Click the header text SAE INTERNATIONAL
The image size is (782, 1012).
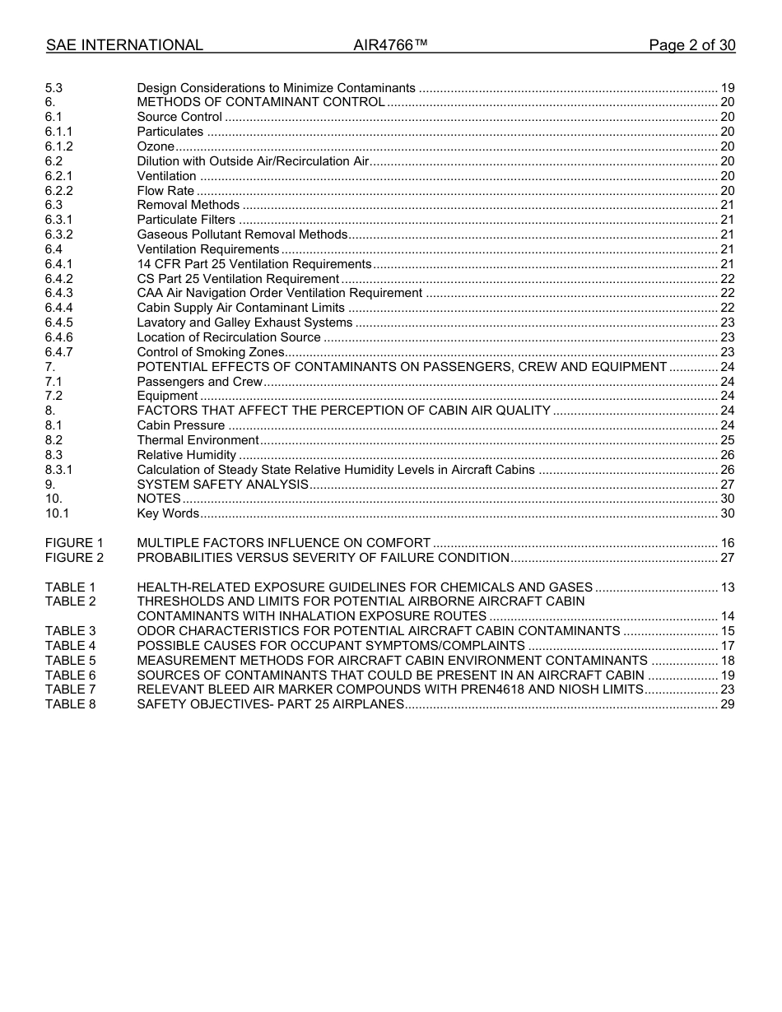[x=124, y=45]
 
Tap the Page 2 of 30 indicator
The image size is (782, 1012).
[x=691, y=45]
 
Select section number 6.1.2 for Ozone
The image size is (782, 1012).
[x=58, y=146]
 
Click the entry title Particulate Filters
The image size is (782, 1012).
[x=186, y=220]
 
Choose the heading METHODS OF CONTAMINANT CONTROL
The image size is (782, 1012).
[x=261, y=102]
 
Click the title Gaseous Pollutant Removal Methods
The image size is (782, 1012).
[x=242, y=234]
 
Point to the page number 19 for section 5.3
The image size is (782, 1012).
[x=727, y=88]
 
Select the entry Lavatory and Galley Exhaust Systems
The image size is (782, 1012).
[x=244, y=323]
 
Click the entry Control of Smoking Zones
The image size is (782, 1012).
[x=211, y=352]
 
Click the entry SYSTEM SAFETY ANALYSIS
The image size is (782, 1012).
[x=222, y=485]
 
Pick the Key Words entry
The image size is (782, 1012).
[x=168, y=513]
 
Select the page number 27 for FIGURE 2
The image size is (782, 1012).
[x=727, y=558]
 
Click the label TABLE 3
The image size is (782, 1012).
[x=70, y=631]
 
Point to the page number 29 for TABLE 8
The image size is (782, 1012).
[x=727, y=704]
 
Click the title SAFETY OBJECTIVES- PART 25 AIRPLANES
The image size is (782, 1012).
[x=270, y=704]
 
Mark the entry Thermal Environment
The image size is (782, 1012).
[x=198, y=440]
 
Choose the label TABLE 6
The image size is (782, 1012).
[x=70, y=675]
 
